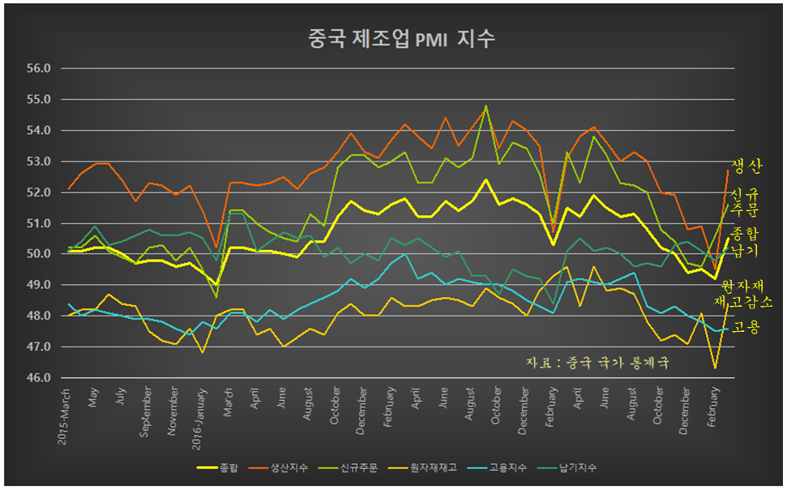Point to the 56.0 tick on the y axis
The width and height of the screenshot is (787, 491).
(x=39, y=69)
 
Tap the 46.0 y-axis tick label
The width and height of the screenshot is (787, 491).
(x=39, y=378)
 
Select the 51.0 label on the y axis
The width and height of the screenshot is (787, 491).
(x=39, y=223)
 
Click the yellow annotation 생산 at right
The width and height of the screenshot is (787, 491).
(x=746, y=167)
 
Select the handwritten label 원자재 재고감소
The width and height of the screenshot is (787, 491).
(x=746, y=294)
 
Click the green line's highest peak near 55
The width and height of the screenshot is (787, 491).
(x=485, y=106)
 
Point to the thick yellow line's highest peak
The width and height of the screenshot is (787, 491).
(x=485, y=180)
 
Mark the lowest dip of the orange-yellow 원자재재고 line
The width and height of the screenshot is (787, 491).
(x=715, y=368)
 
